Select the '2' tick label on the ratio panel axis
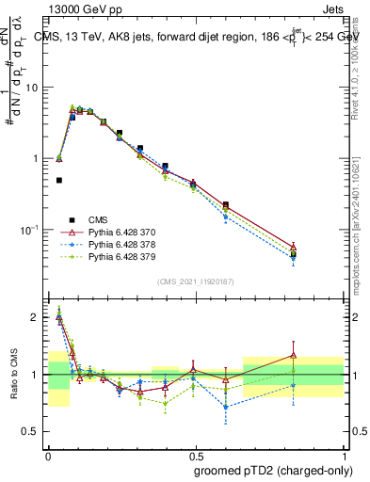pos(35,318)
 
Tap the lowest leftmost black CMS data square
pos(58,180)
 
